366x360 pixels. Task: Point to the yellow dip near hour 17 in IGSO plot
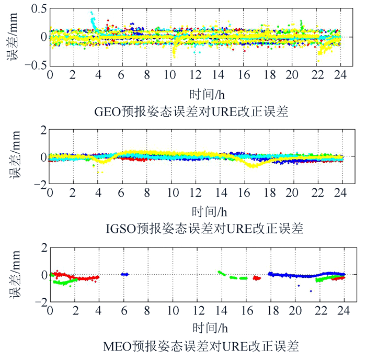click(254, 165)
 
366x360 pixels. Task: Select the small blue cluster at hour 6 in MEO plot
click(124, 274)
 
